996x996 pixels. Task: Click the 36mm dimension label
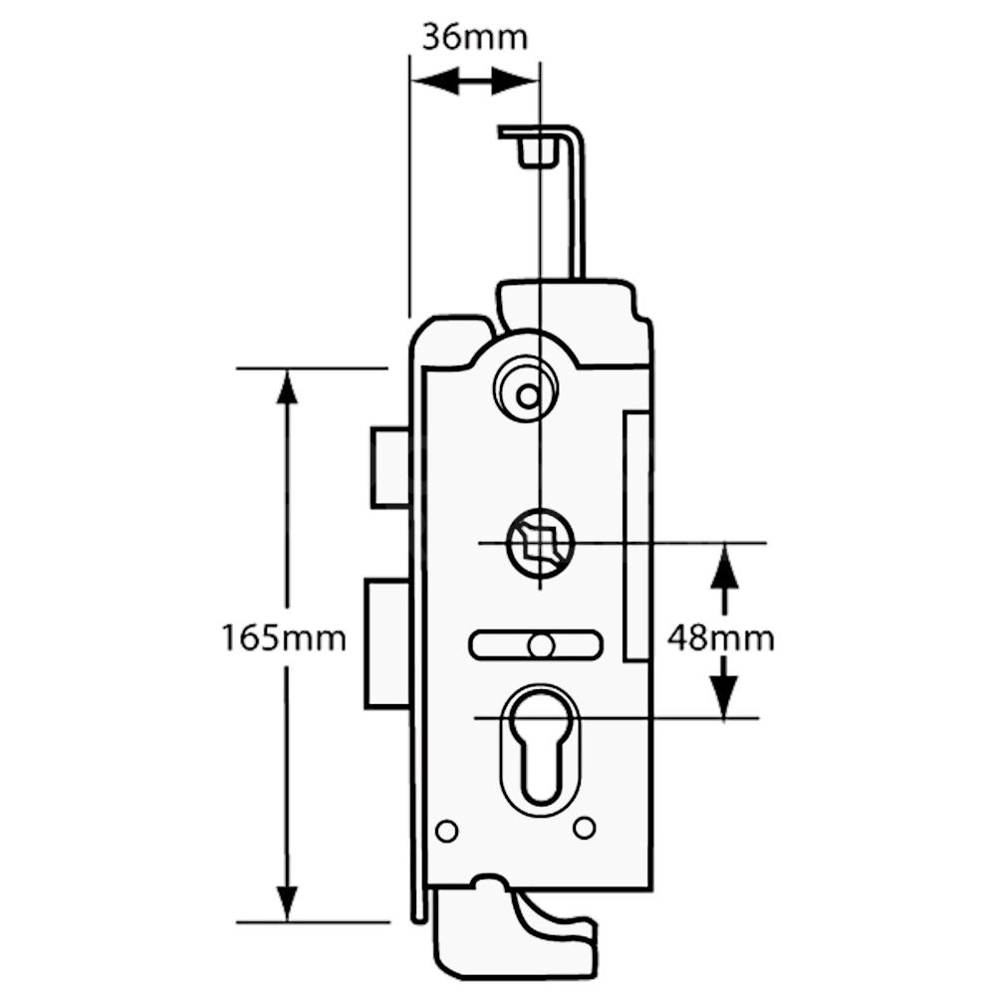[x=474, y=37]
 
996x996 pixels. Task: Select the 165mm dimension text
[x=283, y=637]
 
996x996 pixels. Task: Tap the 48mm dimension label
[x=720, y=637]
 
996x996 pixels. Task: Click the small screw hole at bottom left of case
[x=447, y=831]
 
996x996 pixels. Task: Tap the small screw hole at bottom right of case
[x=585, y=827]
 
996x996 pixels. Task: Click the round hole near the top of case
[x=528, y=395]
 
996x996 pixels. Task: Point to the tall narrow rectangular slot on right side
[x=635, y=537]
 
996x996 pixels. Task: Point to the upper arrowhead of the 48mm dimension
[x=725, y=563]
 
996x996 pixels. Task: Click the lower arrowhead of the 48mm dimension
[x=725, y=697]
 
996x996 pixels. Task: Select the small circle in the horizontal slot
[x=541, y=645]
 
